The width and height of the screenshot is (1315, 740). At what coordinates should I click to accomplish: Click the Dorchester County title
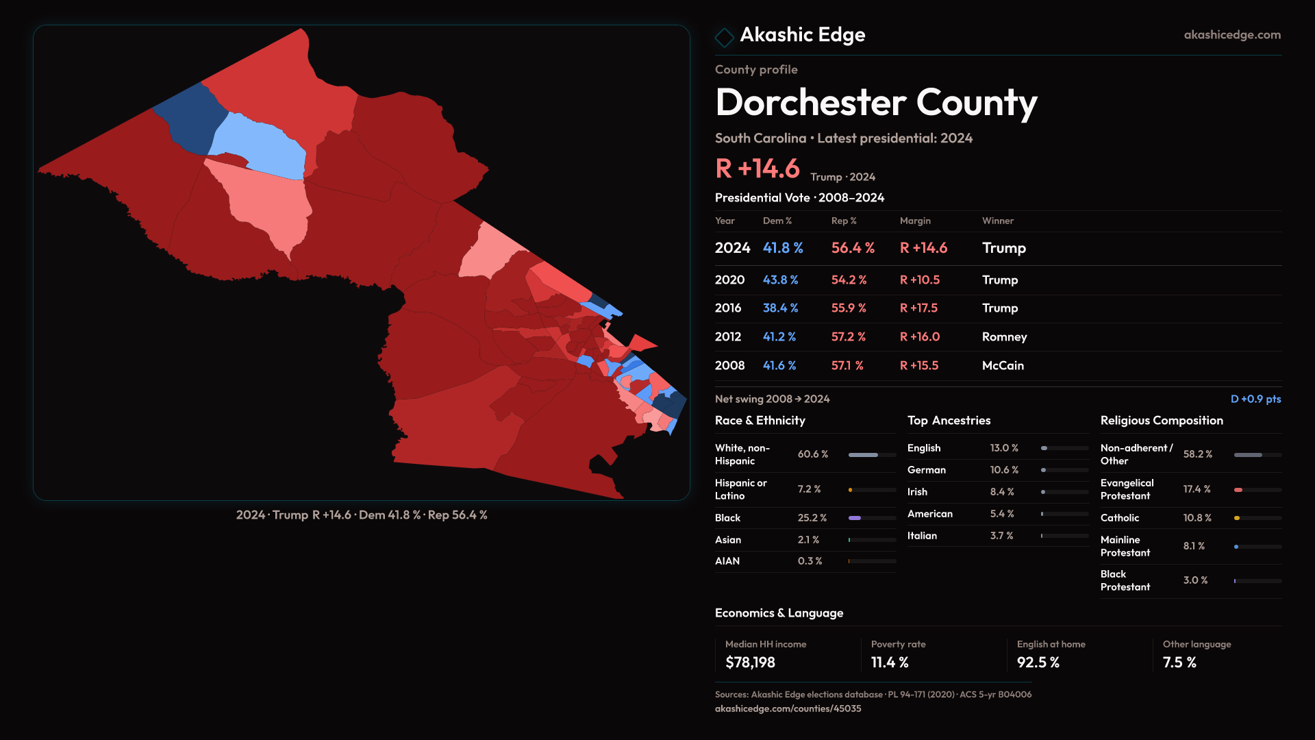[876, 103]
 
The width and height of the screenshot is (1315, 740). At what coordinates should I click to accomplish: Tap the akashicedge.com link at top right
[1232, 35]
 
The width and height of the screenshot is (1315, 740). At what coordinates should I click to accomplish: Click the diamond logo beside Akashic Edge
[724, 37]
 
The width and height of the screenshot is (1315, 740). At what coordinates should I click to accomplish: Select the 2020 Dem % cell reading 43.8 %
[780, 280]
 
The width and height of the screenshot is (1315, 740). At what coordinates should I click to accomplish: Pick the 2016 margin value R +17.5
[918, 308]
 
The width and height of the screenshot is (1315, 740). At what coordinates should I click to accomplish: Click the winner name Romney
[1004, 337]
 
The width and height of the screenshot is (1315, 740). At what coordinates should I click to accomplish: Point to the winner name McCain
[1003, 366]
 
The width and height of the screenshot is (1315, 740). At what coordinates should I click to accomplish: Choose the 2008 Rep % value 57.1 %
[847, 366]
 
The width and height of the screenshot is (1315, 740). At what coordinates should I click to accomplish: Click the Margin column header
[915, 221]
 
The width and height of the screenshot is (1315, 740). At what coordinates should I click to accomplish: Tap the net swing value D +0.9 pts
[1255, 399]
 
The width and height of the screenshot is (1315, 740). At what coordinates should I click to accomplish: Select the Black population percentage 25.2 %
[812, 518]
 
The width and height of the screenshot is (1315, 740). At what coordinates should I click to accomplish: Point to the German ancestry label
[927, 470]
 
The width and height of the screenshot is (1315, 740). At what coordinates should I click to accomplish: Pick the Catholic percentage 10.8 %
[1197, 518]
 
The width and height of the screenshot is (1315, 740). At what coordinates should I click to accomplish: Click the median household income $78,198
[750, 663]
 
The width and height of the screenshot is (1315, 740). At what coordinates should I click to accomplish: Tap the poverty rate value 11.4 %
[890, 663]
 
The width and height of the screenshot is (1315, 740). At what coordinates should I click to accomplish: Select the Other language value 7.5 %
[1179, 663]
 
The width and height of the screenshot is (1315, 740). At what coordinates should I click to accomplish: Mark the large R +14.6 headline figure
[757, 169]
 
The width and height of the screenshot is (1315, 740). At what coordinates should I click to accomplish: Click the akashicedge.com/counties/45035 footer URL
[788, 708]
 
